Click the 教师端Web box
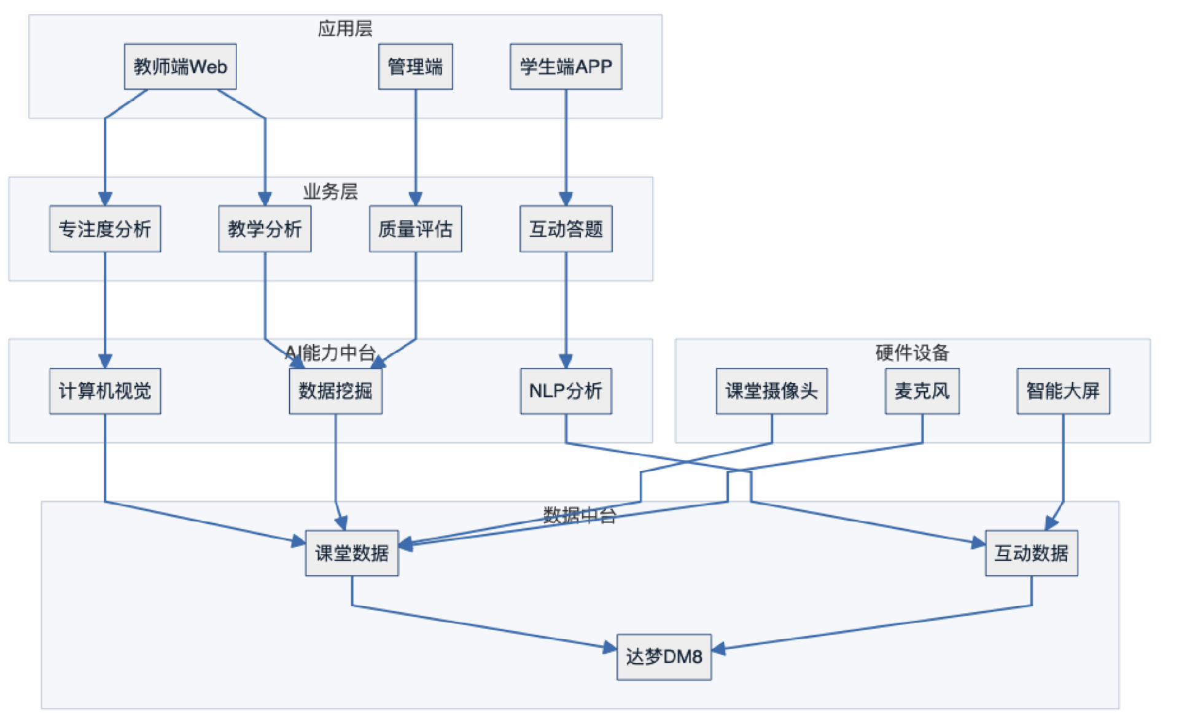180,66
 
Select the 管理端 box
415,66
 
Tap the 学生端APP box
566,66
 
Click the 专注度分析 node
105,229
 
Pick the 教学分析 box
265,229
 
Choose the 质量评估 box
415,229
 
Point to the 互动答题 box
566,229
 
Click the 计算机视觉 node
105,391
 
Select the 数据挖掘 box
335,391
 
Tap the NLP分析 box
566,391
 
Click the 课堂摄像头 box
771,391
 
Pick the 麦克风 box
922,391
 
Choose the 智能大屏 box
1063,391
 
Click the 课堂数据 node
352,553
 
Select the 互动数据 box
1031,553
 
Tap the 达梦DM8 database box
664,657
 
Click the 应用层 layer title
345,29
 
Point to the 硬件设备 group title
912,352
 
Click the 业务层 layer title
330,192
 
